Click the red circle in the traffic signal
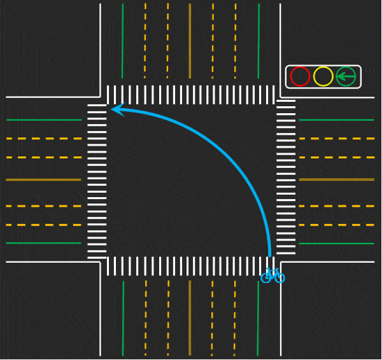point(300,77)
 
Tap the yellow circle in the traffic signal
point(323,77)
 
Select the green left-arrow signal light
point(346,77)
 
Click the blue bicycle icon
point(272,275)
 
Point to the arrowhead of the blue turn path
point(115,110)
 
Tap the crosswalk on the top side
point(191,95)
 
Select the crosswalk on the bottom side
point(191,266)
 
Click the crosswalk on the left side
point(97,180)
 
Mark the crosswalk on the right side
point(286,180)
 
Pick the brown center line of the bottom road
point(190,318)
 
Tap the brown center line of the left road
point(43,180)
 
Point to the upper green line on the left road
point(43,120)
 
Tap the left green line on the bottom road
point(122,318)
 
